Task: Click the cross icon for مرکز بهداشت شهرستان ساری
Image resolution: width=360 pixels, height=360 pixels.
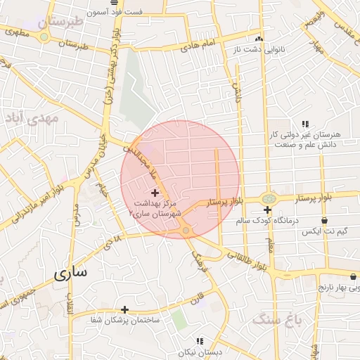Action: click(x=155, y=192)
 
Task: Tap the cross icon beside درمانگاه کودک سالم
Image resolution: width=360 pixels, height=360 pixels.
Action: click(x=267, y=210)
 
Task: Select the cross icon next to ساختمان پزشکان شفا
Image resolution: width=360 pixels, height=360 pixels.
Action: click(x=124, y=309)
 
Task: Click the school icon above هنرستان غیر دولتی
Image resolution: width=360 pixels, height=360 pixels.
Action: click(x=304, y=124)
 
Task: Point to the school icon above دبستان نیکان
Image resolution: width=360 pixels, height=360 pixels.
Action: click(x=200, y=341)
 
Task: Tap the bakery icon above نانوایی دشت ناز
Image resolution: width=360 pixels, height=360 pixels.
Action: click(x=259, y=39)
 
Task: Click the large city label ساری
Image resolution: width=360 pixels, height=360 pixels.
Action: click(x=71, y=273)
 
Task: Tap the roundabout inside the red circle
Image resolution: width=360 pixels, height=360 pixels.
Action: click(x=186, y=230)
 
